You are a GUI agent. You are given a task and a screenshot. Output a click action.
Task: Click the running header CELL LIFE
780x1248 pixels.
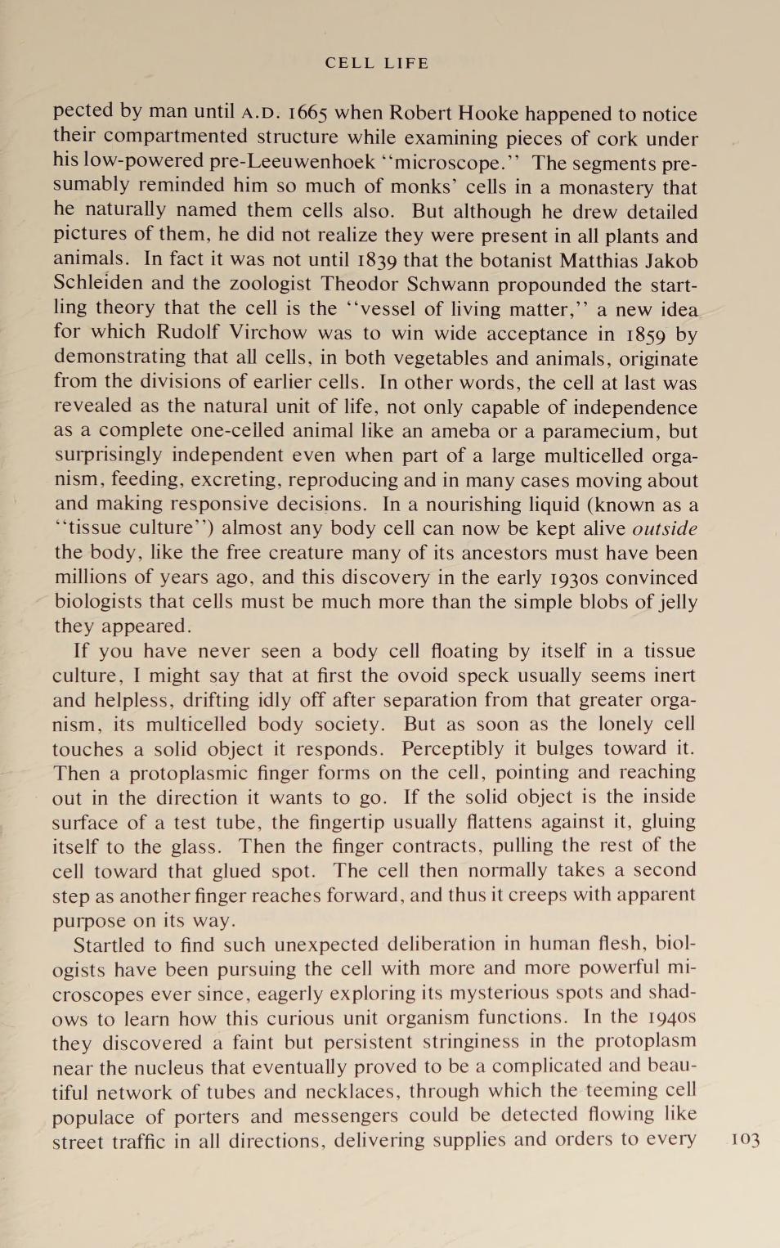point(376,63)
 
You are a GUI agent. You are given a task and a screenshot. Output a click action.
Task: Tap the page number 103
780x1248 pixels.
point(745,1140)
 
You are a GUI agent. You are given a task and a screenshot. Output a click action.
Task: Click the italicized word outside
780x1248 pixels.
point(665,529)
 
